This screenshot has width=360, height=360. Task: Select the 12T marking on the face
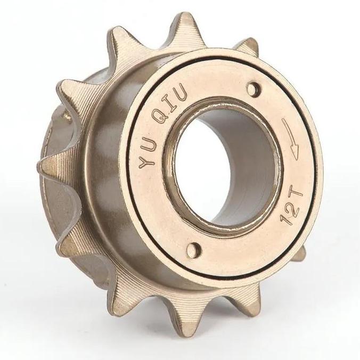tap(292, 204)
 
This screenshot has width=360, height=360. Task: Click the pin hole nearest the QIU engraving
tap(253, 89)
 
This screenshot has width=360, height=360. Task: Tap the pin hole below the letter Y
tap(193, 250)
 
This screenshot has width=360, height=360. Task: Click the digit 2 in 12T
tap(292, 205)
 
